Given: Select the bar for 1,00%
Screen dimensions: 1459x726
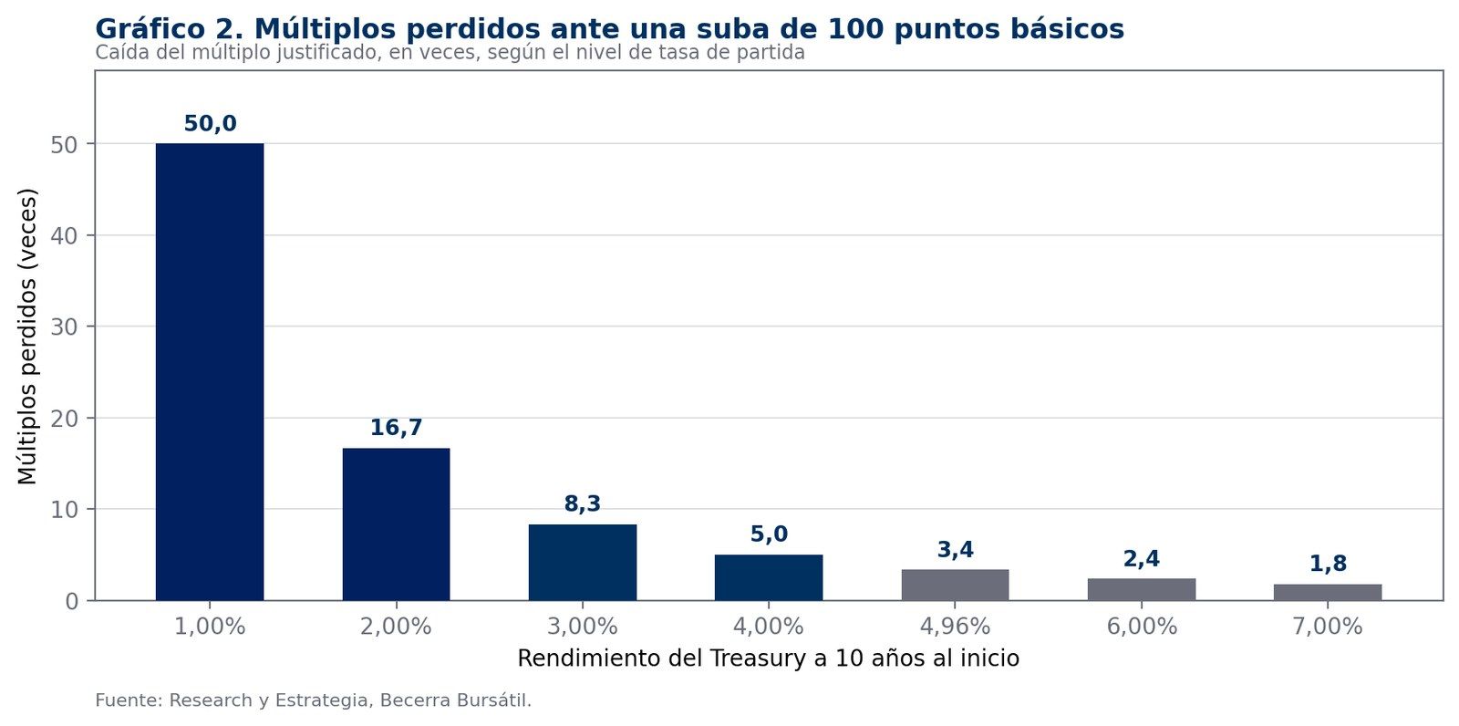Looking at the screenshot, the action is [210, 371].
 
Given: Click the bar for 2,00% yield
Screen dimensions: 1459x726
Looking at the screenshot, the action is [396, 524].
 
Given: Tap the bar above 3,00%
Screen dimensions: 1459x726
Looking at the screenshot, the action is [583, 563].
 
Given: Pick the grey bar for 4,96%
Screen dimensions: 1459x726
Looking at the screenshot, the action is [955, 586].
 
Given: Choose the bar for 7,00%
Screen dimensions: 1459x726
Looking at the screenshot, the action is [1328, 593].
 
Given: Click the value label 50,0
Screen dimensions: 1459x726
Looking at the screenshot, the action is [210, 124].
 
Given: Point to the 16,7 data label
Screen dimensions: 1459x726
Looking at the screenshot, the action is [396, 428].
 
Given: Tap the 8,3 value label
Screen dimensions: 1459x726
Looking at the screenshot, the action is [583, 504].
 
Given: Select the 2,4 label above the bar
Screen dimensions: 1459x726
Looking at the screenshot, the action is [1141, 559].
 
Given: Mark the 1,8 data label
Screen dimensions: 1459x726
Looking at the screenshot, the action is [1328, 565].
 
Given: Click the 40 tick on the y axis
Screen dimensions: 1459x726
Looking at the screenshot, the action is [64, 235].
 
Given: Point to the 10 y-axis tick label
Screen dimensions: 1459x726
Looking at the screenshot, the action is [64, 509].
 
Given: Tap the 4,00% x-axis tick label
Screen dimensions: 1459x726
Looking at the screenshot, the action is [769, 627].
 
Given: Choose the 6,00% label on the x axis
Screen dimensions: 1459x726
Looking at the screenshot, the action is [1141, 627].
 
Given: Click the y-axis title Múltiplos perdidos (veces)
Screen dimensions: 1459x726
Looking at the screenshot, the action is [27, 337].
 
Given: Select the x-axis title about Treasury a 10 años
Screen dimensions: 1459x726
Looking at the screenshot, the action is [769, 659].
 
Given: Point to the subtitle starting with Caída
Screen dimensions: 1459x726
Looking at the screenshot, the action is [450, 53].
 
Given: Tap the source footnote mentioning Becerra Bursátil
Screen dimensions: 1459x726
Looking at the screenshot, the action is [314, 700].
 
